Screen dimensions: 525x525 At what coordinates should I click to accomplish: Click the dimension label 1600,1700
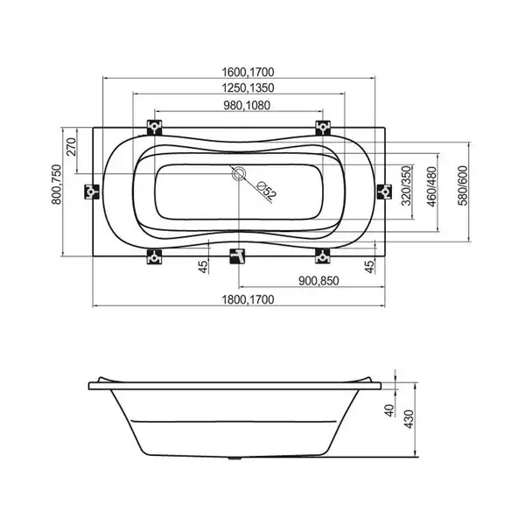click(248, 72)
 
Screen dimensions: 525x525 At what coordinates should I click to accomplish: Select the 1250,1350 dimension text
click(248, 87)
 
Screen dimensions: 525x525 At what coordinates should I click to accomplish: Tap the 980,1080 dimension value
click(247, 106)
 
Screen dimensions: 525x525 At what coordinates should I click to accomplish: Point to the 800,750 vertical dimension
click(56, 185)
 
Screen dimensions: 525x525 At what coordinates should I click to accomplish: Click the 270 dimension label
click(72, 147)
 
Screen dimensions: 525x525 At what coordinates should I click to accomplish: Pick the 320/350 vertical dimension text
click(406, 185)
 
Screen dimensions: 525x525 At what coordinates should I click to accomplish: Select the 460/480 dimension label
click(432, 186)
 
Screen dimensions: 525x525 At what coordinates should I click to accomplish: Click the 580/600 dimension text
click(463, 185)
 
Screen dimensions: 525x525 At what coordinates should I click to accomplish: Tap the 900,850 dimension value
click(318, 281)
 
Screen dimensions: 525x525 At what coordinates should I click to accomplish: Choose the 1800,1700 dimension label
click(248, 299)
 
